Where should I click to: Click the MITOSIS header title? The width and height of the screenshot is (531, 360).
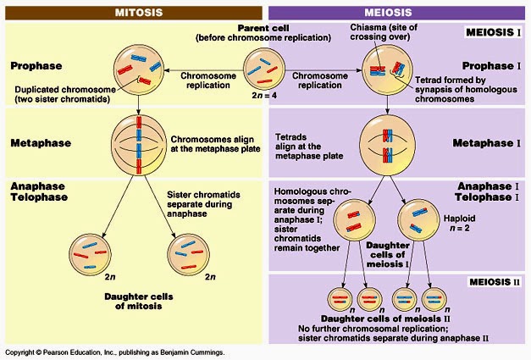(139, 13)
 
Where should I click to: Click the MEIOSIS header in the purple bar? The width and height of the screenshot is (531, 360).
(388, 13)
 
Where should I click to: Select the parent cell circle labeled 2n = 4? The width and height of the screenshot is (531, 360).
(264, 69)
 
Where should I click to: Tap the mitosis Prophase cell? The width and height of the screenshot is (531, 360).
(139, 69)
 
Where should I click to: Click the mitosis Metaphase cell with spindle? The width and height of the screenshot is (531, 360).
(139, 145)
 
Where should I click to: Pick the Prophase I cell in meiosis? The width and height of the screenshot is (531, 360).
(388, 70)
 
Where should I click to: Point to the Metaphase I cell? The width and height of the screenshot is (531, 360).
(387, 145)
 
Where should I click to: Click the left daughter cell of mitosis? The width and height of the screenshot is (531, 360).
(90, 255)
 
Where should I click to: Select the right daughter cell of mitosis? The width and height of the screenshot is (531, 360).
(189, 255)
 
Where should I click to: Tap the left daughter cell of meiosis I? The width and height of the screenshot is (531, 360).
(354, 220)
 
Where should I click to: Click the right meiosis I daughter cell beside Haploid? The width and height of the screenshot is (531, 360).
(418, 220)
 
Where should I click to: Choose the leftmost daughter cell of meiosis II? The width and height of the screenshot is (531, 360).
(340, 299)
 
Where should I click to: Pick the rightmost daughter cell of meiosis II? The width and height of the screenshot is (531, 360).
(434, 299)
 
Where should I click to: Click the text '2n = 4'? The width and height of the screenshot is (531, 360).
(264, 96)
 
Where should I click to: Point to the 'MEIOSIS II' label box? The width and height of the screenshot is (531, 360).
(495, 282)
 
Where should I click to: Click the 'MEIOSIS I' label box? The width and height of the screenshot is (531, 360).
(493, 32)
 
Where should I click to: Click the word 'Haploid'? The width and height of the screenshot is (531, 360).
(460, 219)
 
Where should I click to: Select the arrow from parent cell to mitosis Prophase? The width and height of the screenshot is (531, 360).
(204, 70)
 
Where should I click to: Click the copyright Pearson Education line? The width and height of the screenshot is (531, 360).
(114, 352)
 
